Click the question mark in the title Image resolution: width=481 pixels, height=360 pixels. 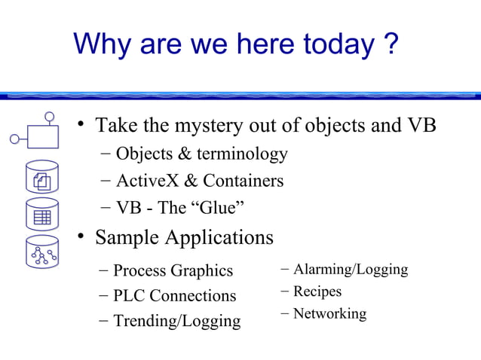(x=390, y=44)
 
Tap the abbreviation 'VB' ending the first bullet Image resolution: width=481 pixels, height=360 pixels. (x=423, y=125)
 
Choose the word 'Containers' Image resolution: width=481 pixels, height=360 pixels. (x=244, y=182)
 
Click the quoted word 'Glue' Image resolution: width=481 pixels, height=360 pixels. (x=223, y=208)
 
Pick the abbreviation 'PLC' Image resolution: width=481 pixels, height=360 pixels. (x=129, y=296)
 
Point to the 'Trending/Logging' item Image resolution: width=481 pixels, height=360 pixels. (x=176, y=322)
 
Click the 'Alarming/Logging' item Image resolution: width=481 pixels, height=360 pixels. (x=350, y=270)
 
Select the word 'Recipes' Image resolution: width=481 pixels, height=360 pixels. (x=317, y=291)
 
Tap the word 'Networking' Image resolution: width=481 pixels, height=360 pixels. (x=329, y=313)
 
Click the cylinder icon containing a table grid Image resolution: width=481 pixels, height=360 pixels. (x=42, y=215)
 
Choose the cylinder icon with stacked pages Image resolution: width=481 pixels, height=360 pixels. (x=42, y=178)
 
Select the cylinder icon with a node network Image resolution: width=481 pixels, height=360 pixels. (x=42, y=254)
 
